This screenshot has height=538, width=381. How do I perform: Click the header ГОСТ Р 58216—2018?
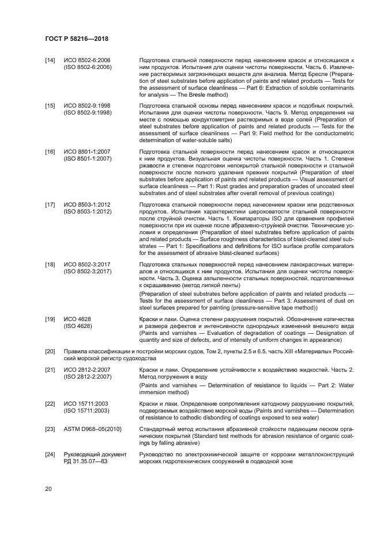(76, 39)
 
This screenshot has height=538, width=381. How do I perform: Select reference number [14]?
(50, 60)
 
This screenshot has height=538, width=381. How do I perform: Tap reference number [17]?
(50, 204)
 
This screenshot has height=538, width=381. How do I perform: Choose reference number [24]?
(50, 455)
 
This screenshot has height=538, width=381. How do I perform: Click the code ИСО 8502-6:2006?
(88, 60)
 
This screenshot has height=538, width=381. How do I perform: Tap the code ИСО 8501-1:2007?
(88, 151)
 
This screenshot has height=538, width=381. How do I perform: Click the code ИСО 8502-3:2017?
(88, 264)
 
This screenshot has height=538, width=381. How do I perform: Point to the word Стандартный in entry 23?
(159, 429)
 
